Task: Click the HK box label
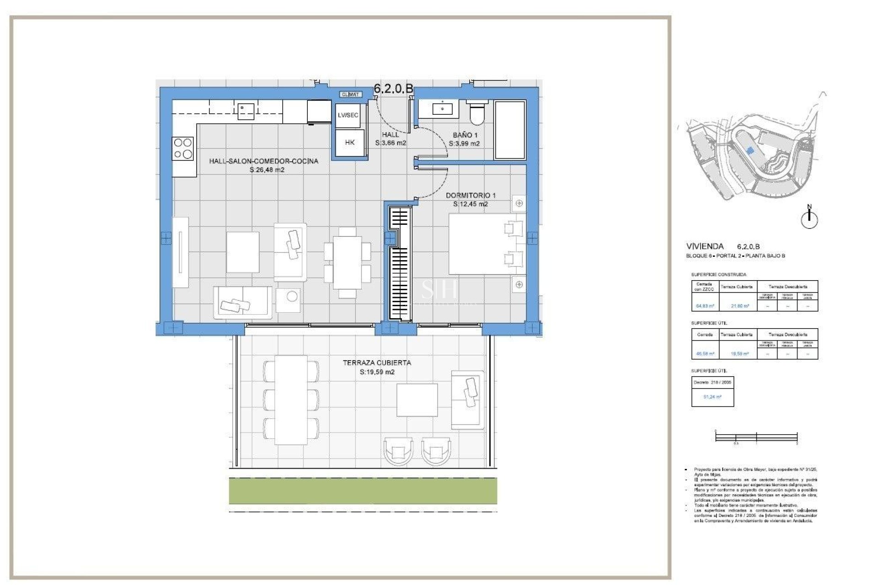(x=350, y=143)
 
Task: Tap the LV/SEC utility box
(x=348, y=115)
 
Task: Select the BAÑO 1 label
(x=465, y=135)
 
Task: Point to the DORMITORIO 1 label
(x=471, y=195)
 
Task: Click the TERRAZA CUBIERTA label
(x=377, y=363)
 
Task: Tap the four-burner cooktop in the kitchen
(x=183, y=149)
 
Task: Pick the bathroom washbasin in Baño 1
(x=442, y=109)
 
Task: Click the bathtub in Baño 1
(x=510, y=130)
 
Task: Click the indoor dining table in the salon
(x=347, y=262)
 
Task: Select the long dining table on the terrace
(x=291, y=400)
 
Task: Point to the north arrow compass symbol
(x=809, y=218)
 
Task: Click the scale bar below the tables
(x=756, y=437)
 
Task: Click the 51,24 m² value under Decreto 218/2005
(x=712, y=397)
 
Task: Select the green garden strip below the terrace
(x=363, y=491)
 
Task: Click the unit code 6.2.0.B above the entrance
(x=393, y=89)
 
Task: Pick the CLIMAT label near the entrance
(x=351, y=95)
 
